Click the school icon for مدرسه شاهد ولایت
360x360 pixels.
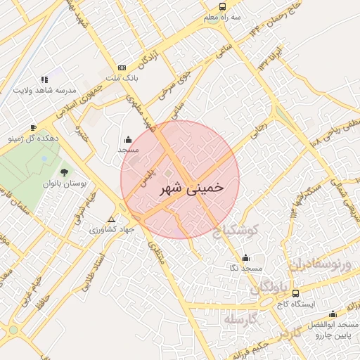44,79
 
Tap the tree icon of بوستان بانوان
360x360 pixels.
64,171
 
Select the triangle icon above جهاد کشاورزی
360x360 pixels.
111,219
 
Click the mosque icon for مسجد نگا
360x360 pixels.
245,257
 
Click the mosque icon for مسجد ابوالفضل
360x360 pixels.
332,314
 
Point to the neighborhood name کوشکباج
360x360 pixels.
236,230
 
